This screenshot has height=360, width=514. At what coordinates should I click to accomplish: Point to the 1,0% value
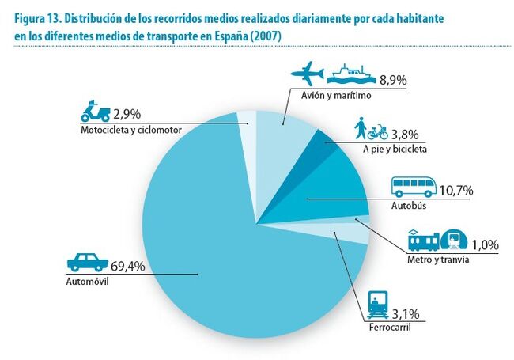pyautogui.click(x=483, y=244)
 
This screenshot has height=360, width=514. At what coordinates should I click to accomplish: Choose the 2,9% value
pyautogui.click(x=128, y=113)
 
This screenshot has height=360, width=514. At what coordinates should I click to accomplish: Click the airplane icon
pyautogui.click(x=308, y=76)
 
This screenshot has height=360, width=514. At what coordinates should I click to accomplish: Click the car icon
pyautogui.click(x=86, y=263)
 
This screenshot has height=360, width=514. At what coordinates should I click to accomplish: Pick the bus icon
pyautogui.click(x=415, y=187)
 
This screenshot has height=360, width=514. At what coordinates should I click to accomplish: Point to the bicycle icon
pyautogui.click(x=378, y=131)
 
